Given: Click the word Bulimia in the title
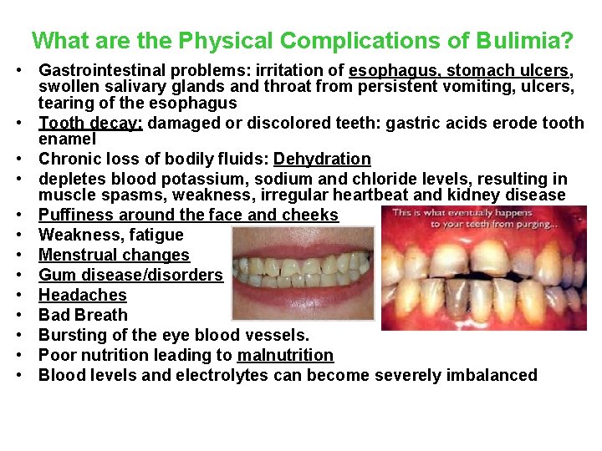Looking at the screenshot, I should click(530, 40).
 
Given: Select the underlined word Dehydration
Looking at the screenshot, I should click(322, 159).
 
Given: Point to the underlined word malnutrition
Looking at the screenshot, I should click(285, 355).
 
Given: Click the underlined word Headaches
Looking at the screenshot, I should click(83, 295).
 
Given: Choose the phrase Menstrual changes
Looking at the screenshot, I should click(115, 255).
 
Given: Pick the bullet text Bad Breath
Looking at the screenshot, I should click(84, 315).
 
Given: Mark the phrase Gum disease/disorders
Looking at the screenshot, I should click(131, 275).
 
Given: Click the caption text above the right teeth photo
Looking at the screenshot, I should click(487, 219).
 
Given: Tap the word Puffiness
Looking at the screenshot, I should click(77, 215).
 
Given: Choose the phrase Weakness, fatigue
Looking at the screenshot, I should click(111, 235).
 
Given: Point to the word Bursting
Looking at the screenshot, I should click(72, 335).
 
